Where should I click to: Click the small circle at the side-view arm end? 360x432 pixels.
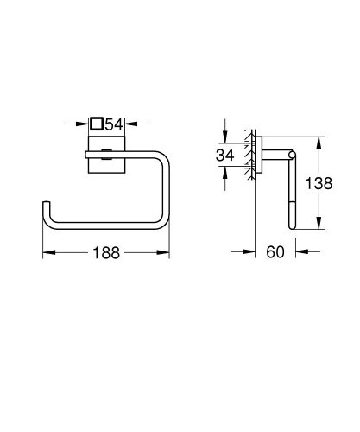pos(293,156)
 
